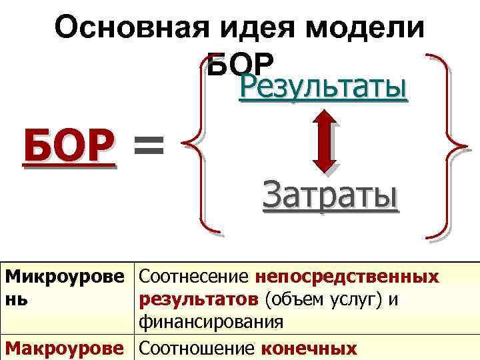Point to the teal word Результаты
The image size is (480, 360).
(323, 89)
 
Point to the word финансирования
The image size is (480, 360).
(212, 323)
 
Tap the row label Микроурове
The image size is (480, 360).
(66, 276)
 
